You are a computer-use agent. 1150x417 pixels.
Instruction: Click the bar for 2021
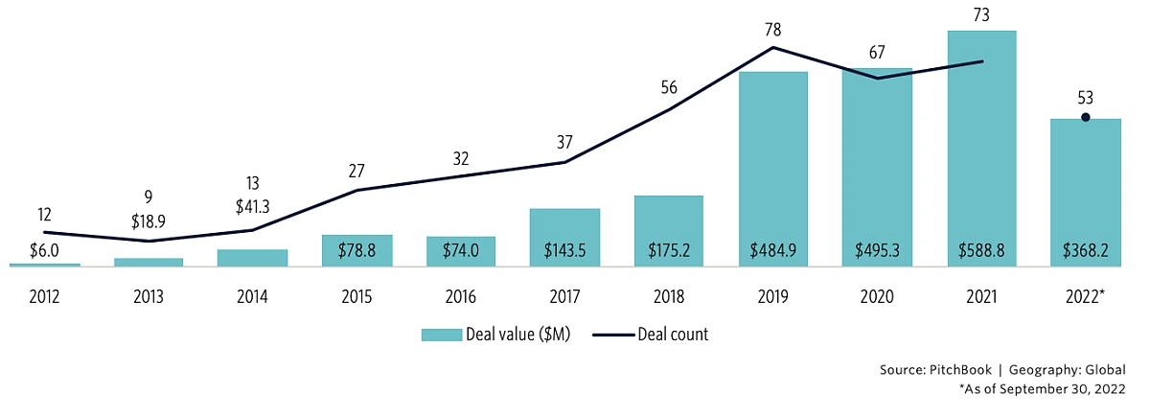(x=981, y=144)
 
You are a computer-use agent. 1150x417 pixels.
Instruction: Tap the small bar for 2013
(x=149, y=262)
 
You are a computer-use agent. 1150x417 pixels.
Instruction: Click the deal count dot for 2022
(x=1085, y=118)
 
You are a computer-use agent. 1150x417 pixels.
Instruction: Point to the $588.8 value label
(x=981, y=249)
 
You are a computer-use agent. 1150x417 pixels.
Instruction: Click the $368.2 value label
(x=1085, y=249)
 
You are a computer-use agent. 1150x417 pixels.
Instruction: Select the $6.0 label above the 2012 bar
(x=45, y=249)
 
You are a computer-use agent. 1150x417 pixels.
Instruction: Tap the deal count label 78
(x=772, y=29)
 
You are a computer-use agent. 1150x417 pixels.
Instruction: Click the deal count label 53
(x=1085, y=98)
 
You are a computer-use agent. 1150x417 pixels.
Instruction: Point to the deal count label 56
(x=669, y=88)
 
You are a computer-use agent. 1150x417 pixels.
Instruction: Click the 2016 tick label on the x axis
(x=460, y=297)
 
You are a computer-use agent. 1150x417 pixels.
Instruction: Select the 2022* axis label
(x=1086, y=297)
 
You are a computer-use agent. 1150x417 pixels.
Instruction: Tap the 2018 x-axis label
(x=669, y=297)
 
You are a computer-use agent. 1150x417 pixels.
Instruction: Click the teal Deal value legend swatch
(x=441, y=335)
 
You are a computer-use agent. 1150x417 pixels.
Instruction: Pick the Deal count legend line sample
(x=611, y=335)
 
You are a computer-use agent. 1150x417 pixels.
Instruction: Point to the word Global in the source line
(x=1107, y=370)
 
